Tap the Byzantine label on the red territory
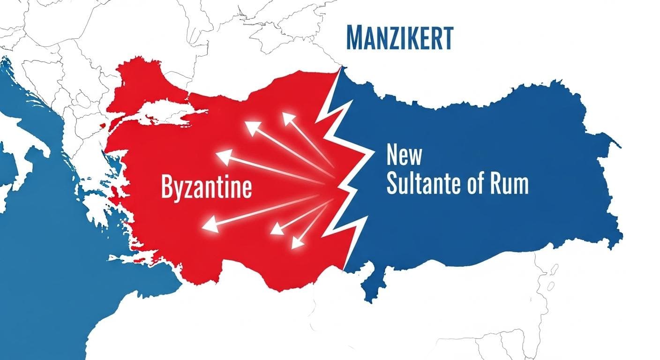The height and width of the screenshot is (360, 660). (206, 187)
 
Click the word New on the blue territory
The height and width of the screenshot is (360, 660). (404, 156)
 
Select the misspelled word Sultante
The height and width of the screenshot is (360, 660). (427, 185)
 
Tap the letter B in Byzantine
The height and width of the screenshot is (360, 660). (167, 187)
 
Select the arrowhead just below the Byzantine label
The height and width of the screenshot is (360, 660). (209, 227)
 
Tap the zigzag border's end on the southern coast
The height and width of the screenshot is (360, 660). (345, 270)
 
